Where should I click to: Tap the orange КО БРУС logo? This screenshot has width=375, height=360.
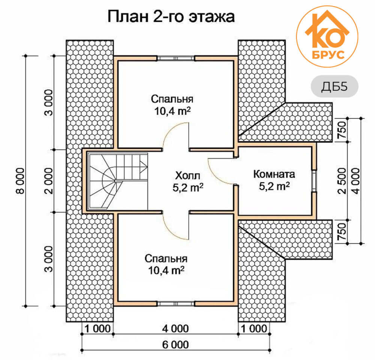[x=327, y=36]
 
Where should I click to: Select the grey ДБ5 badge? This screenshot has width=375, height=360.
[x=334, y=86]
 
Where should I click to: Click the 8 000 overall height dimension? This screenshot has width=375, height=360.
[x=21, y=181]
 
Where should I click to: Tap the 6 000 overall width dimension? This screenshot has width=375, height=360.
[x=175, y=345]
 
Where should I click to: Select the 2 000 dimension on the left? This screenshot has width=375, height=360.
[x=49, y=181]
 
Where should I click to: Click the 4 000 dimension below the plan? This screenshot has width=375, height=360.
[x=175, y=328]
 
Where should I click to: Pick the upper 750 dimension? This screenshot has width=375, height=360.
[x=342, y=130]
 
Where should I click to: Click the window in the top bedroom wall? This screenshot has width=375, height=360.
[x=176, y=58]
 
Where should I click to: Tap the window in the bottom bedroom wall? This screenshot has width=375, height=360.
[x=176, y=303]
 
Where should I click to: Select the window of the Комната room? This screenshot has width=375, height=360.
[x=314, y=181]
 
